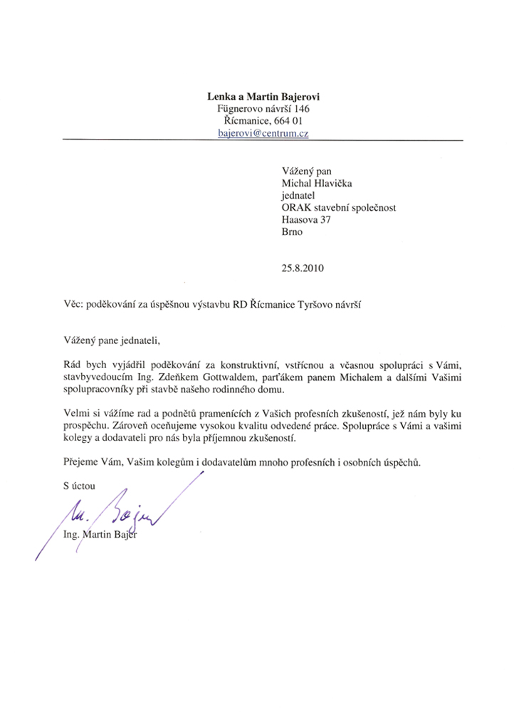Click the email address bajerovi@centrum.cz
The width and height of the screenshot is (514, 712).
263,133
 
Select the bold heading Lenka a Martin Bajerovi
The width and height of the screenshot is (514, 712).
263,96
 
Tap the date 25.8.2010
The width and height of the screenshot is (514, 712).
303,269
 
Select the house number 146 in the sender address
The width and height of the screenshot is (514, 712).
300,109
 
